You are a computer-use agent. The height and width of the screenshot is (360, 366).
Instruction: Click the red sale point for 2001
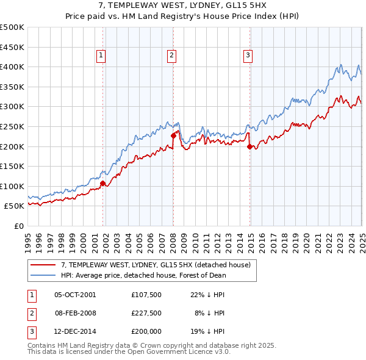103,183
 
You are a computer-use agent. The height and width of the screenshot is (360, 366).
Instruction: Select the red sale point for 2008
173,136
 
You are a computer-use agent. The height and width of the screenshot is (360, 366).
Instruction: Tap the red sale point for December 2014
249,146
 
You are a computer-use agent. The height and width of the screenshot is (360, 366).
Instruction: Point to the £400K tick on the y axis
12,67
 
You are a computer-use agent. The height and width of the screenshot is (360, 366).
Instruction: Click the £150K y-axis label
12,166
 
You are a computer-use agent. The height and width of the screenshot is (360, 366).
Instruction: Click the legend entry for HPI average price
143,275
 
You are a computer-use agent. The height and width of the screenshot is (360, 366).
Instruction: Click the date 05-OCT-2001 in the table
75,295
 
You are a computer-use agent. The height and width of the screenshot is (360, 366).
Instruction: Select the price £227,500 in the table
146,313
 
